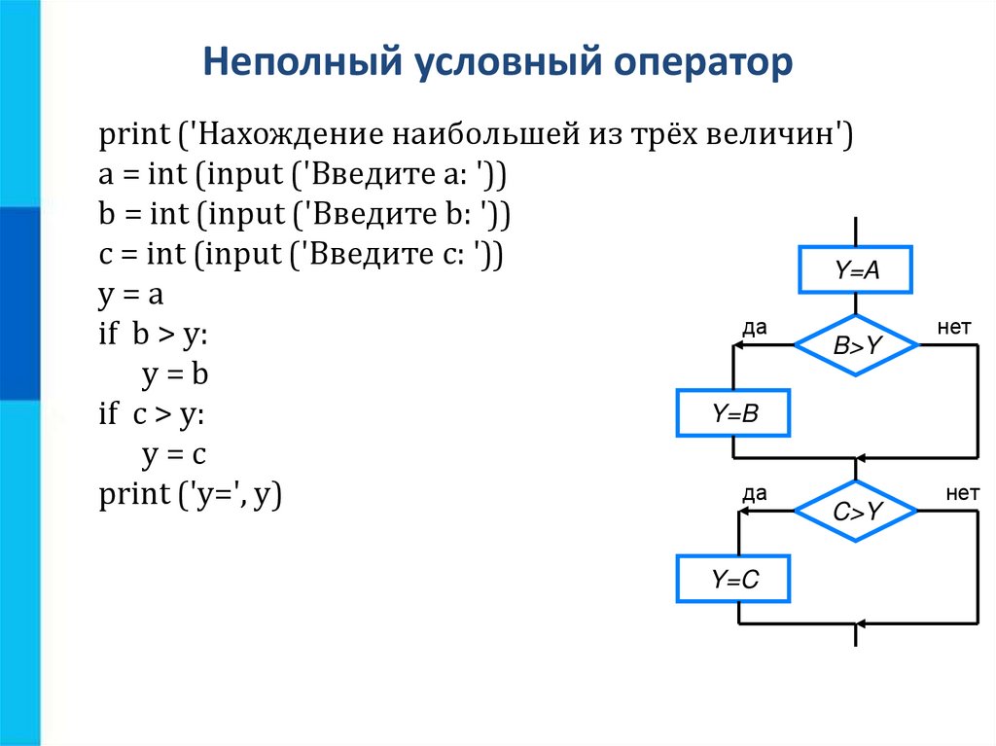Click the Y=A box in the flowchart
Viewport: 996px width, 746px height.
point(856,269)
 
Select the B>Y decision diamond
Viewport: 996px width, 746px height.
point(856,344)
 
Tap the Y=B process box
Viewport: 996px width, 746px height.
point(733,413)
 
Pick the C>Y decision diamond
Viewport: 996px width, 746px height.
point(856,511)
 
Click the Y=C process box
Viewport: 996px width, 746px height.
point(733,581)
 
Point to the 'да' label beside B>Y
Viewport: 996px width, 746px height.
point(755,328)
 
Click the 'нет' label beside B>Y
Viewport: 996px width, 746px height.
point(954,328)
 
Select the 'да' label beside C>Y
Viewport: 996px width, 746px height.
point(755,494)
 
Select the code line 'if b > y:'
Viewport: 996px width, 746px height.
point(153,335)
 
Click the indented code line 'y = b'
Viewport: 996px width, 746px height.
point(175,374)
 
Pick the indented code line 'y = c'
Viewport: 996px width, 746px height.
point(175,454)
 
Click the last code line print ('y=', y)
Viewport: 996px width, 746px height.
point(190,494)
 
